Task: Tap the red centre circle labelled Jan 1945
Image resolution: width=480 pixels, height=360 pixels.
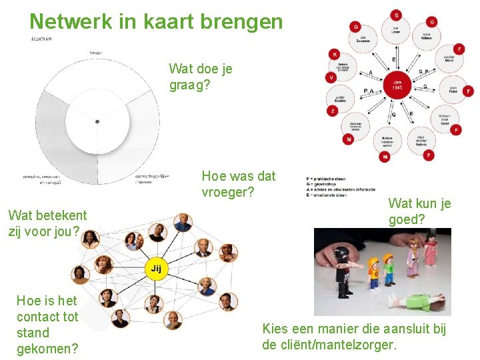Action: point(397,85)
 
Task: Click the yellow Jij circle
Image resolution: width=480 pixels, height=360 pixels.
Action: point(155,269)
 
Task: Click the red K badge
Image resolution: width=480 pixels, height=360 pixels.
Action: point(334,54)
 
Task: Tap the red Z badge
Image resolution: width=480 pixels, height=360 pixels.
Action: point(332,111)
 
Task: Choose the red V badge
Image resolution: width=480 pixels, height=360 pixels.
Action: point(331,77)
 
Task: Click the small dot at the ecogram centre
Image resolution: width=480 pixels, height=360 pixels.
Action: point(97,121)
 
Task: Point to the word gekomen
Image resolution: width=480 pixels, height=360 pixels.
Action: point(47,348)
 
